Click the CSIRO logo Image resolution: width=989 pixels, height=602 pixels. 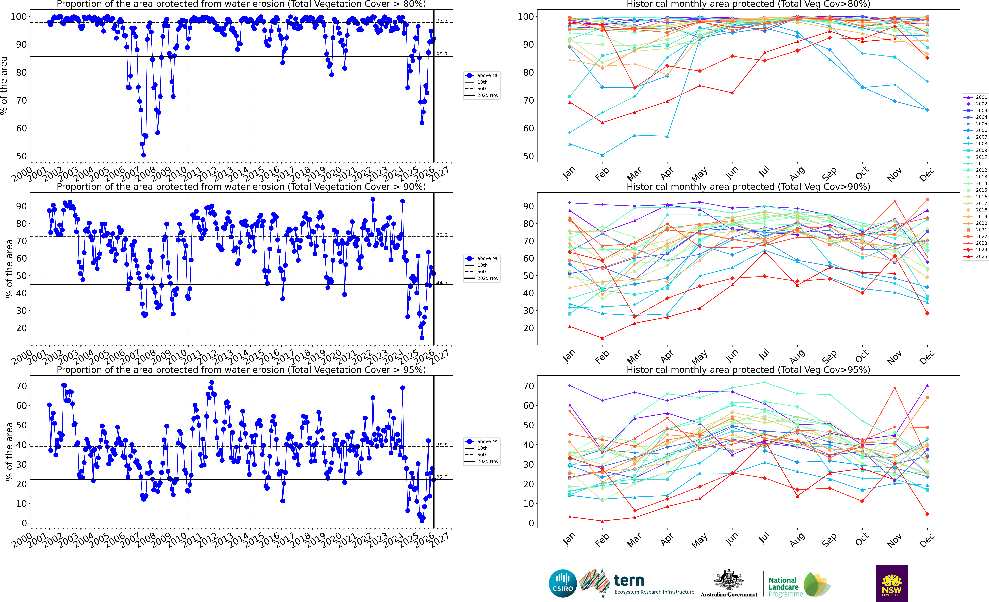pyautogui.click(x=563, y=583)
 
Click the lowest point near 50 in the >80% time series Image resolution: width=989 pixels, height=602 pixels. pyautogui.click(x=143, y=155)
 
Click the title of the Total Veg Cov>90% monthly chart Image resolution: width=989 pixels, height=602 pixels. pyautogui.click(x=748, y=187)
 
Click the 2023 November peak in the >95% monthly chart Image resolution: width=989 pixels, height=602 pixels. pyautogui.click(x=895, y=388)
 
